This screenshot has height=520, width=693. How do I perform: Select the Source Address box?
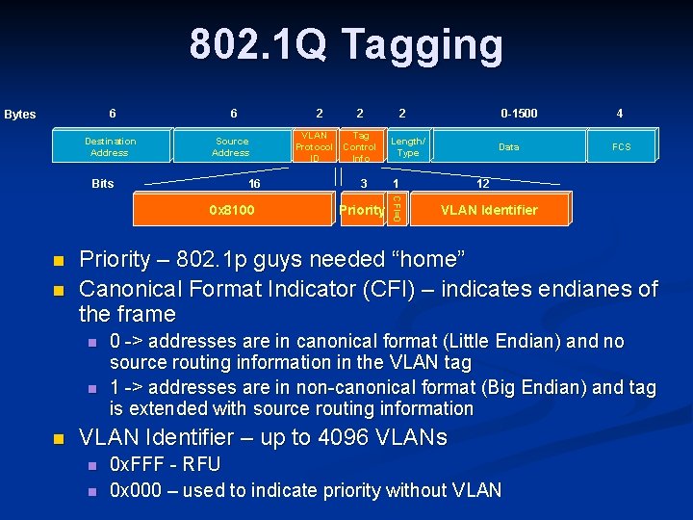click(231, 146)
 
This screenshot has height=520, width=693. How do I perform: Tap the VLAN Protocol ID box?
click(314, 146)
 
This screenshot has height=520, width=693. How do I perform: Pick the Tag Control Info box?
click(360, 146)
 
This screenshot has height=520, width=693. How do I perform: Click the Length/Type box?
click(408, 146)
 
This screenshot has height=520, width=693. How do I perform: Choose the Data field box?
click(508, 146)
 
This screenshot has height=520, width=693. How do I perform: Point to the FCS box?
click(622, 146)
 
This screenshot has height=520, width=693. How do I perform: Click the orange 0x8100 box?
click(231, 209)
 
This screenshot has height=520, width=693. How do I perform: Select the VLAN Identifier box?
click(489, 209)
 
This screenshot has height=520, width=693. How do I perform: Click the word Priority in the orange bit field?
click(362, 210)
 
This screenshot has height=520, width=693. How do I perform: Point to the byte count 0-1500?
click(520, 114)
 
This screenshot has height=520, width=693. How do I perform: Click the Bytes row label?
click(20, 115)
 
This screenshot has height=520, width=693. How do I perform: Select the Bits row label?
click(102, 183)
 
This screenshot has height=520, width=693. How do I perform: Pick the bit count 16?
click(254, 183)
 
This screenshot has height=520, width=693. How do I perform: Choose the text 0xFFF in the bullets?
click(136, 465)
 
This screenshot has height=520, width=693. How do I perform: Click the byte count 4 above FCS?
click(619, 114)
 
